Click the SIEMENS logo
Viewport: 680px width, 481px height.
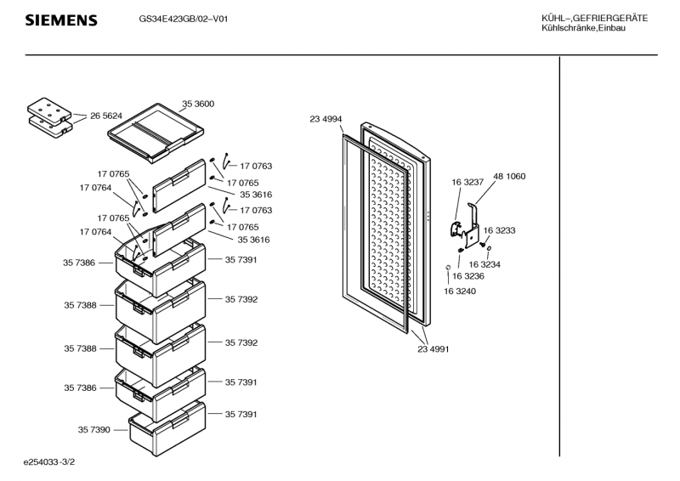pos(60,20)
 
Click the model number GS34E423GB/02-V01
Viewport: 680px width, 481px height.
pos(183,19)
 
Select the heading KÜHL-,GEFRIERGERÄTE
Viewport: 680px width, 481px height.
pos(594,19)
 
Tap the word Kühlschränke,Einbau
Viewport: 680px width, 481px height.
pos(583,29)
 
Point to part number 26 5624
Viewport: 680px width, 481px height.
pos(106,116)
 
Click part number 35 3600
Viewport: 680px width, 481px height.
pos(198,104)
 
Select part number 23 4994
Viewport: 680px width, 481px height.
pos(326,120)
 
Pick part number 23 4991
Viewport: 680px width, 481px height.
pos(433,348)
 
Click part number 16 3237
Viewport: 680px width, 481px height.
pos(467,182)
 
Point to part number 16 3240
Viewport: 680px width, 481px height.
pos(459,291)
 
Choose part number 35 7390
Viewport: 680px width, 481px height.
pos(93,431)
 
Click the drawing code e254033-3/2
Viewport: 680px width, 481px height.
pos(58,463)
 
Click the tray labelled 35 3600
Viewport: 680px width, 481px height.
pos(161,131)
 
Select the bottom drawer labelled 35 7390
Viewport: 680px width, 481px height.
pos(167,425)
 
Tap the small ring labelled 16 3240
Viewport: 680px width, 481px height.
pos(447,269)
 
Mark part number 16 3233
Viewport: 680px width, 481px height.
pos(500,230)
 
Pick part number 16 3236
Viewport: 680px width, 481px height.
pos(467,276)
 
